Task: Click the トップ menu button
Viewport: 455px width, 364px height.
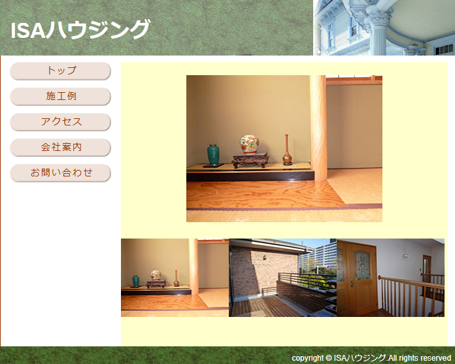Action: click(60, 71)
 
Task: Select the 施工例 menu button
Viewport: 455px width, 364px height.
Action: click(60, 96)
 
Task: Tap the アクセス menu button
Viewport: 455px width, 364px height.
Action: click(60, 122)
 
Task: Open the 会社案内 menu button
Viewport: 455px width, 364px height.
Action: click(60, 147)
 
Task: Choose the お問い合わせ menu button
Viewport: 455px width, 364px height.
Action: click(60, 173)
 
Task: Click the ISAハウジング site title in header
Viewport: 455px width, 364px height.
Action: click(80, 29)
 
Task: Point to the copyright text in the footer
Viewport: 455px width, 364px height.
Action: click(371, 358)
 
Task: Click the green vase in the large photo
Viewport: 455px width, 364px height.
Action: click(213, 155)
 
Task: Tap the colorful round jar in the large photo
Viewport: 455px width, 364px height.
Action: click(250, 144)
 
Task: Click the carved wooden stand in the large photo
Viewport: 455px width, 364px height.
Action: click(250, 160)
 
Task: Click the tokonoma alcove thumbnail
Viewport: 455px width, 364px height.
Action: click(175, 278)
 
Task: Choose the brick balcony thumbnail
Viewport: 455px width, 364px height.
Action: click(283, 278)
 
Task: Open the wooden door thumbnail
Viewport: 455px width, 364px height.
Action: click(390, 278)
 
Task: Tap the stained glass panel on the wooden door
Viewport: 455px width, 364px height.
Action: click(362, 265)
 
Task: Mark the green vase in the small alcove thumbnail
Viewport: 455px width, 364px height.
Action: click(135, 281)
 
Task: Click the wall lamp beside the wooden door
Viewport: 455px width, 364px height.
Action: click(406, 256)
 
